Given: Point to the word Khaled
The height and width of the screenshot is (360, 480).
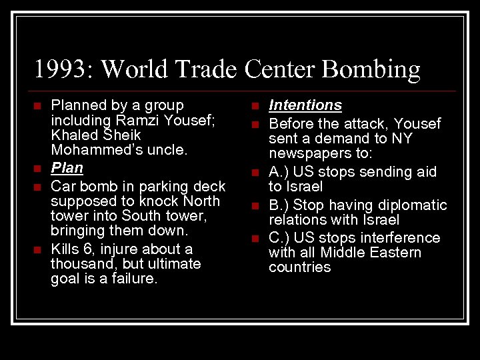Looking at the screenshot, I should click(x=75, y=135).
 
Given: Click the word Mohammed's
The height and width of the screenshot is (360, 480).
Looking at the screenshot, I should click(x=93, y=150).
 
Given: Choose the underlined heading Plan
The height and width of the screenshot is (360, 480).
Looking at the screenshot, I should click(x=67, y=168).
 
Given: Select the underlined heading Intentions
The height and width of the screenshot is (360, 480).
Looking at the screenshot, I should click(x=305, y=105).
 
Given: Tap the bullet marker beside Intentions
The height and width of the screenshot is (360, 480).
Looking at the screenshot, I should click(x=255, y=105).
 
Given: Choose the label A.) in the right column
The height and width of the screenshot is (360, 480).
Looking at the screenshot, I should click(x=280, y=172).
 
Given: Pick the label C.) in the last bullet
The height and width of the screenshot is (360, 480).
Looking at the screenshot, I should click(x=280, y=238).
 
